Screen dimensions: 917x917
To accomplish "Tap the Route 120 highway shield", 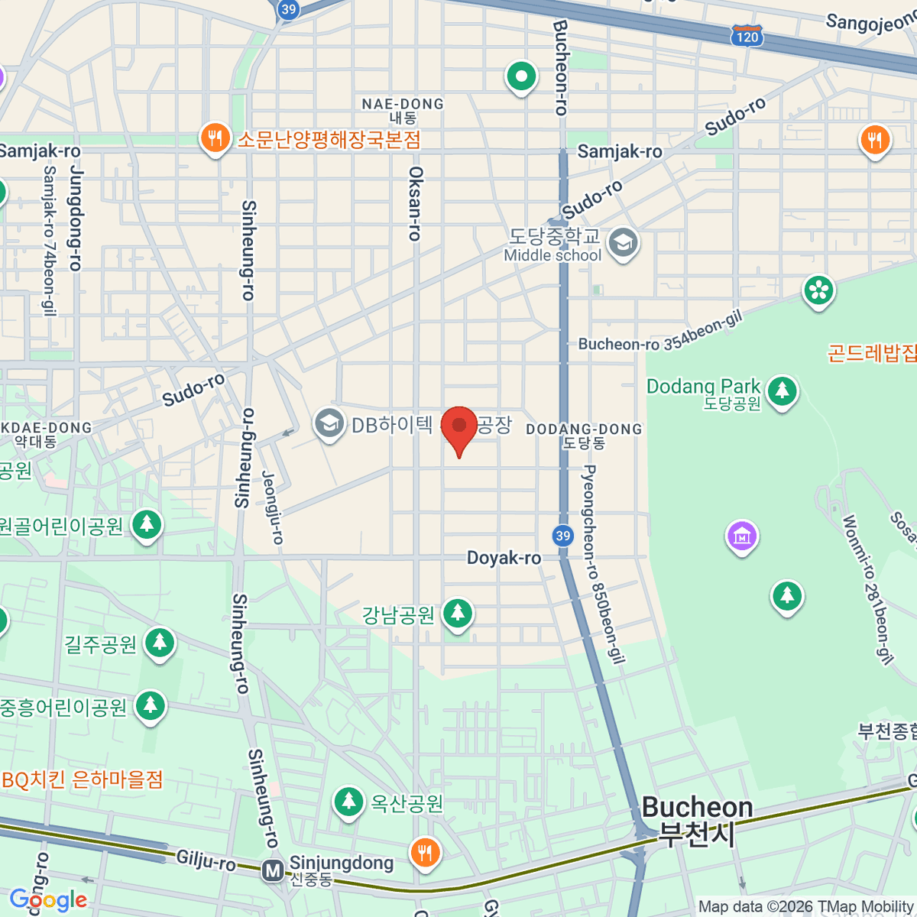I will point(747,36).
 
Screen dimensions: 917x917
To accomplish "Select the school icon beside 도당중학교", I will point(624,243).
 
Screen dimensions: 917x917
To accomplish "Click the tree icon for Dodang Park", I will point(782,391).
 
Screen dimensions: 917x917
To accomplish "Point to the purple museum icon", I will point(741,536).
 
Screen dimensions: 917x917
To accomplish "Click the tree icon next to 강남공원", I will point(458,613).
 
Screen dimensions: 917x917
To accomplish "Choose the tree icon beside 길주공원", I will point(159,643).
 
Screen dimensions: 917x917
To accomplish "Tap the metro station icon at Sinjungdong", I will point(272,870).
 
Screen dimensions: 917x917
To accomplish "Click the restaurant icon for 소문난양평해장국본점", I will point(215,138).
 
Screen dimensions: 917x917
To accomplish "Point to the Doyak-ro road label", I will point(504,558).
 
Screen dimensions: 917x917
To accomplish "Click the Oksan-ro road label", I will point(415,203).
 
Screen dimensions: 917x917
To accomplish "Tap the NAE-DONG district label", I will point(403,104).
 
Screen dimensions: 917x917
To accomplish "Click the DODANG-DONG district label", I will point(584,429).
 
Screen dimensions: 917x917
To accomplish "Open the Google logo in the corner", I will point(48,899).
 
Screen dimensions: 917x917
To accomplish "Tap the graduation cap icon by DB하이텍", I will point(329,423).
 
